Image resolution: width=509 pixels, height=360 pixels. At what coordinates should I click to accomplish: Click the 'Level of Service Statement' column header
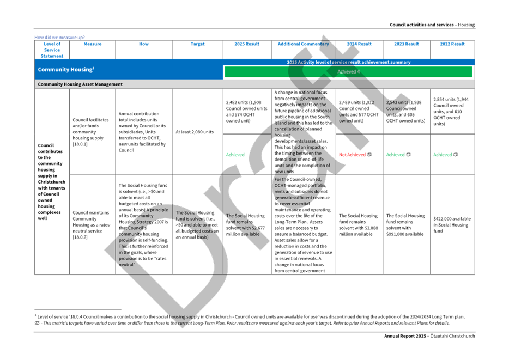52,50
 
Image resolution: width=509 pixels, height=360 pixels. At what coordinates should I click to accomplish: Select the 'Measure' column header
93,44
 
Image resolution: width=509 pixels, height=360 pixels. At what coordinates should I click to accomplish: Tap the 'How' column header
144,44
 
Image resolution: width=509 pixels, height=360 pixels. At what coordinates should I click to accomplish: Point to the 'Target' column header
197,44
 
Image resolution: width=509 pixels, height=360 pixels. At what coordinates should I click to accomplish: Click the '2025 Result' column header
247,44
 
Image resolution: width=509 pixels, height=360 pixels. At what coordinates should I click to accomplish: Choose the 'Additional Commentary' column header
303,44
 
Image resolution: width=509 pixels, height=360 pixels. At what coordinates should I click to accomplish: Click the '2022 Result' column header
452,44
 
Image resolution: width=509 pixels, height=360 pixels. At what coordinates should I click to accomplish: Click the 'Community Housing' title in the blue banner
66,70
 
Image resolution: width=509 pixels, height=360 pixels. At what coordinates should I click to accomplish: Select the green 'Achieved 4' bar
348,72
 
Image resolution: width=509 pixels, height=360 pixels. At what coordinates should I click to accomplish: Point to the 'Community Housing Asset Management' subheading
80,84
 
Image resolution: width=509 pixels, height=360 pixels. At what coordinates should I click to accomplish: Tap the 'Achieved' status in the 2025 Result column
236,154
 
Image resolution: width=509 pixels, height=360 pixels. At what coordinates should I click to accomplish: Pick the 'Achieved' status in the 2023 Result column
396,155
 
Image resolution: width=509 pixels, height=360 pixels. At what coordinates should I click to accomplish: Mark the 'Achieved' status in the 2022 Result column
443,155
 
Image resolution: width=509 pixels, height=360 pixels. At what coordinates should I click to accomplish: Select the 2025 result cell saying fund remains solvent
246,219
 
